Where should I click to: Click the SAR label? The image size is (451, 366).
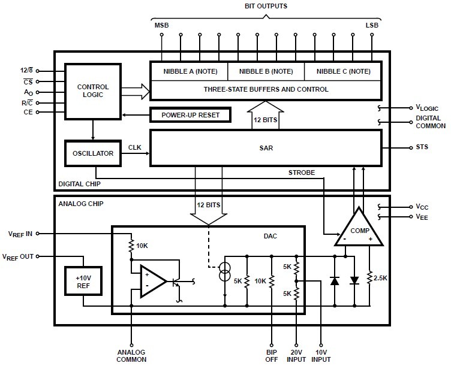266,148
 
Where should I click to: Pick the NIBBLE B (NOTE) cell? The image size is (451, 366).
266,71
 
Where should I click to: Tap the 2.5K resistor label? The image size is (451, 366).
380,278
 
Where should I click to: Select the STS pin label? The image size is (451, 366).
422,147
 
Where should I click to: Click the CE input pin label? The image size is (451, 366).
28,112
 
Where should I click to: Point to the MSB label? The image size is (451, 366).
162,25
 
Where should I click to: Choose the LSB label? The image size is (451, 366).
372,25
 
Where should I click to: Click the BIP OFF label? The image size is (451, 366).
272,356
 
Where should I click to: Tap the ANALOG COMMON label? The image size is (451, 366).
131,356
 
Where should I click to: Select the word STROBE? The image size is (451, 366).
302,173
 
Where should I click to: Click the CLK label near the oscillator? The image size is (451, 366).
134,147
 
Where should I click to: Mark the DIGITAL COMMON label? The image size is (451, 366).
431,122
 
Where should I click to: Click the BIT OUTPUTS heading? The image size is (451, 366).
266,6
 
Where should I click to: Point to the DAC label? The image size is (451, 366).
270,236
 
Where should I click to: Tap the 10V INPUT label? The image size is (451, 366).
321,356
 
